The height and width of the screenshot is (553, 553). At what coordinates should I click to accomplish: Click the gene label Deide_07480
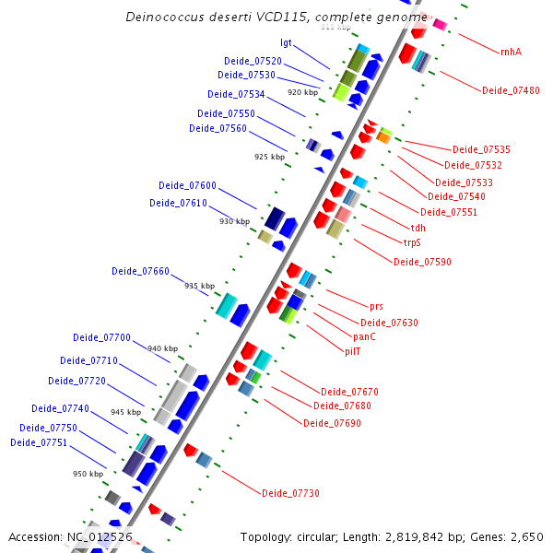tap(511, 90)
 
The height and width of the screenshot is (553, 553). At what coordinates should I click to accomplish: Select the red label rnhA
tap(511, 52)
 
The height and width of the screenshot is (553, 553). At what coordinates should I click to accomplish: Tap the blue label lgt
tap(286, 42)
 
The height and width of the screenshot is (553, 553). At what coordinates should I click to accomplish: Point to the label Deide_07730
tap(290, 494)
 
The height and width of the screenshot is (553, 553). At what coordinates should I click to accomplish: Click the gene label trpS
tap(412, 243)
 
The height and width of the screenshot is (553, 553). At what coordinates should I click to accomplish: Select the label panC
tap(365, 336)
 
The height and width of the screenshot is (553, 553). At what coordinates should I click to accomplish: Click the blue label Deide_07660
tap(140, 271)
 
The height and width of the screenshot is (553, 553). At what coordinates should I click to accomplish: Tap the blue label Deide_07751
tap(39, 442)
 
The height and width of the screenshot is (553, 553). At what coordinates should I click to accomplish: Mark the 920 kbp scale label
tap(302, 93)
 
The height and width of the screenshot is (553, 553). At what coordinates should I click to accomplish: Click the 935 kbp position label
tap(199, 286)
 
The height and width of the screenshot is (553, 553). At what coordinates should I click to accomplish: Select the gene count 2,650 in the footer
tap(526, 536)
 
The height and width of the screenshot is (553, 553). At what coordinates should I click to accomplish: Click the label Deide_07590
tap(422, 262)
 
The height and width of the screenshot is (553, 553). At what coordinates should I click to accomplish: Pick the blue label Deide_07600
tap(187, 185)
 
